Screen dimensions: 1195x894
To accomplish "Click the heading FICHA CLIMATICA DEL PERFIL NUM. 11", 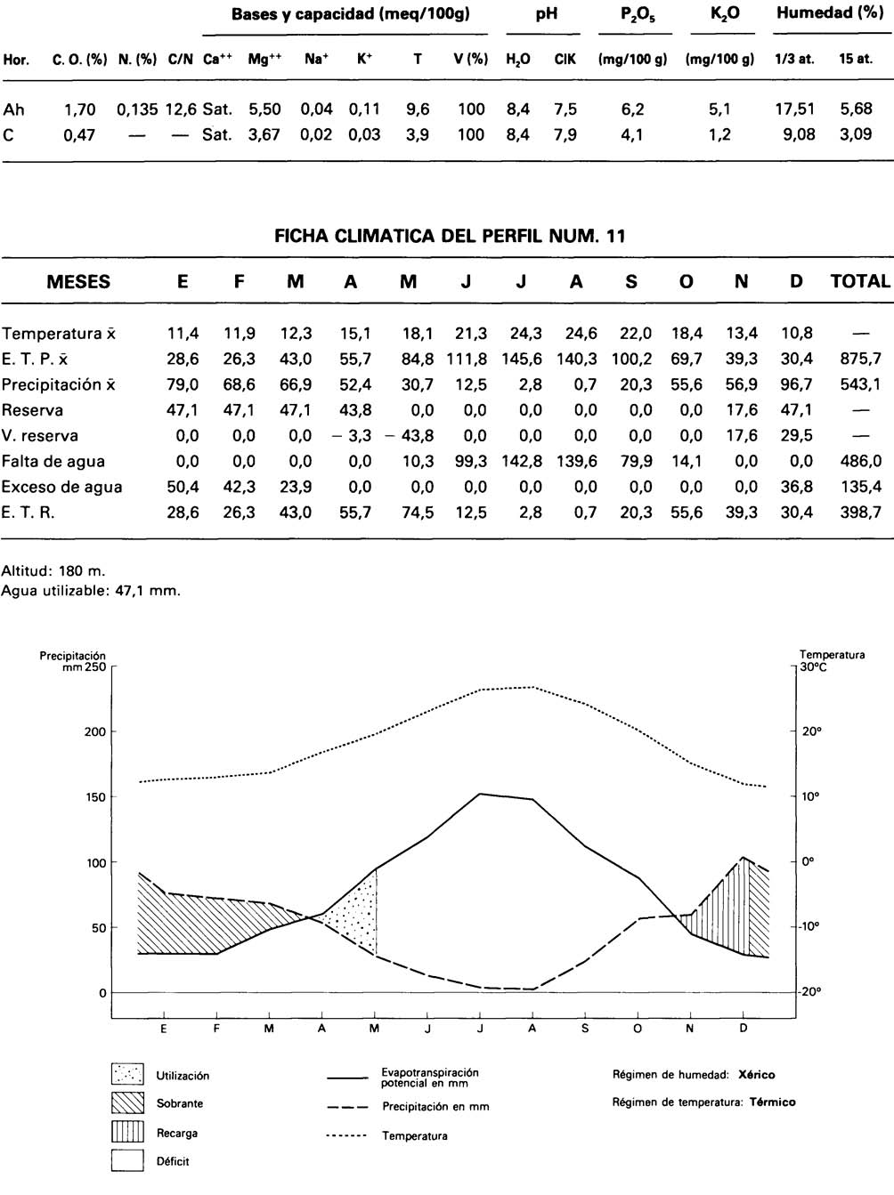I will click(450, 236).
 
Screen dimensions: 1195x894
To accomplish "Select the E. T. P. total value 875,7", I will click(860, 359).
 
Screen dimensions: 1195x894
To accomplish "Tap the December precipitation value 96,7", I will click(796, 385).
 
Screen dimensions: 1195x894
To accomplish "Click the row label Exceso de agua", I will click(61, 488).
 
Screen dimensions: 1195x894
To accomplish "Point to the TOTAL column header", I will click(860, 282).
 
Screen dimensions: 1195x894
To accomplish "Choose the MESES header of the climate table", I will click(78, 282).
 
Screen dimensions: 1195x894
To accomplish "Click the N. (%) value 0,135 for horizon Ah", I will click(137, 109).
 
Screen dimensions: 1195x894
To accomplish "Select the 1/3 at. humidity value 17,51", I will click(794, 109).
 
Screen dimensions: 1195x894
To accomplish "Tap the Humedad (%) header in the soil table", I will click(829, 14).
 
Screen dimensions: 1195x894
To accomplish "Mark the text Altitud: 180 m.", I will click(53, 571).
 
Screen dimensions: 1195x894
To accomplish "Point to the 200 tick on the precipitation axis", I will click(95, 732).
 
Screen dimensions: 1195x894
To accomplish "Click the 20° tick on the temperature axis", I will click(810, 731).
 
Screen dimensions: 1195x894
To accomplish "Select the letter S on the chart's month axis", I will click(585, 1029).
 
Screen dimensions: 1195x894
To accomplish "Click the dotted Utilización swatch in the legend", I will click(127, 1075).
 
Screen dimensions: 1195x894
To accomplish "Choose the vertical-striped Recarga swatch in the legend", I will click(127, 1133).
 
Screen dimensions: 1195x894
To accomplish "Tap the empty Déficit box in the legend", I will click(127, 1161).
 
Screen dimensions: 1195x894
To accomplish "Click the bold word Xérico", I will click(757, 1075).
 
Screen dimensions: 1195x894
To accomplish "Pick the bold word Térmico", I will click(772, 1102).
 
